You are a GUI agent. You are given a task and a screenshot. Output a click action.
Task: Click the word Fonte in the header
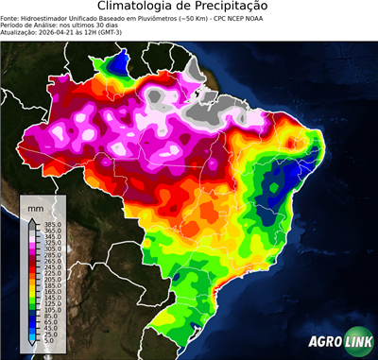(13, 18)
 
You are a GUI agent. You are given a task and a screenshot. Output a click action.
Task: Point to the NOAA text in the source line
(245, 18)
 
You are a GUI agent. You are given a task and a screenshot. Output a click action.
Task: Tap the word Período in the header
(16, 26)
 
